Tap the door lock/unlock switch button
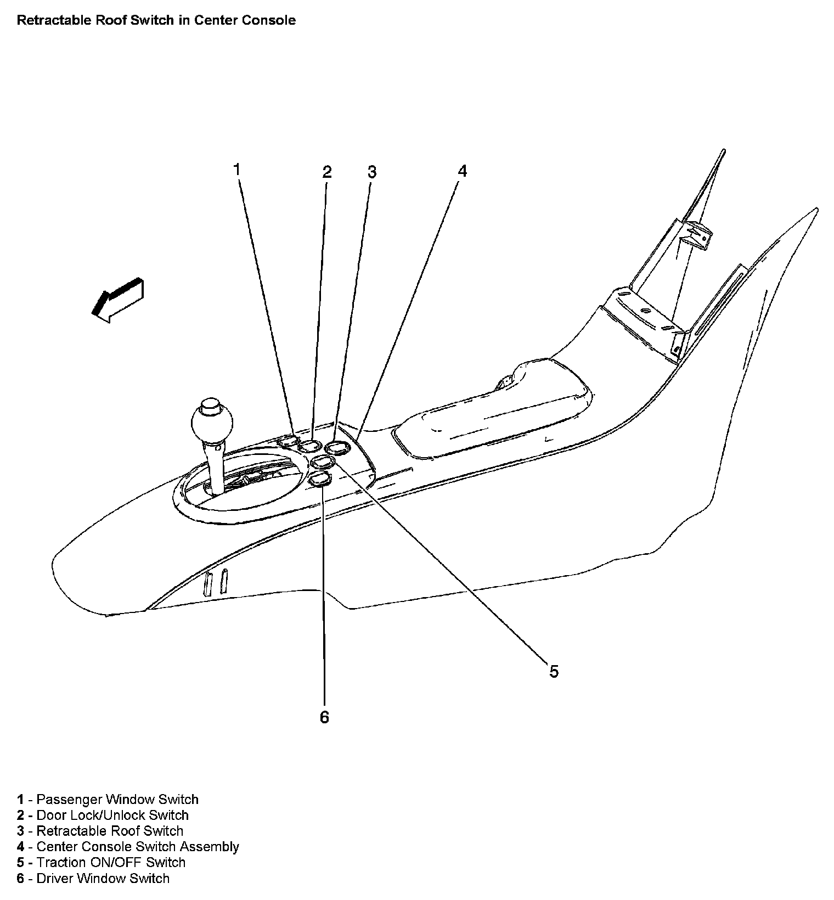[309, 446]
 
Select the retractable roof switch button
[337, 448]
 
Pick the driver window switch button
[321, 480]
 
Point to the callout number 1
[237, 170]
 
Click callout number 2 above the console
[327, 172]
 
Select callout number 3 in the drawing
[372, 172]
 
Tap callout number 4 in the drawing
[463, 172]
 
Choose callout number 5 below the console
[554, 671]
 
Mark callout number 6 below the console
[325, 717]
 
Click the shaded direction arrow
[118, 299]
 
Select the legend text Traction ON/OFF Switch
[111, 862]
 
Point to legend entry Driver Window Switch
[103, 878]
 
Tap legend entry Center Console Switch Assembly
[137, 846]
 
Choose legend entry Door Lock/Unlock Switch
[112, 815]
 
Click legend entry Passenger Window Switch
[117, 799]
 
